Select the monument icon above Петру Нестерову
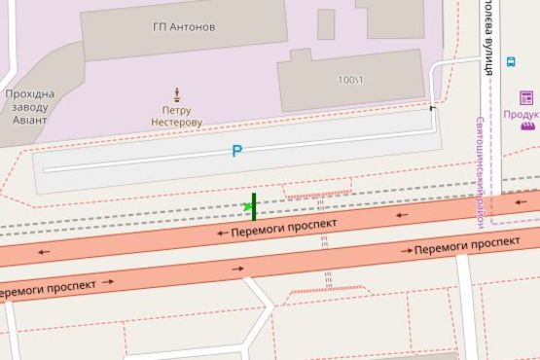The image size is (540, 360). pos(177,94)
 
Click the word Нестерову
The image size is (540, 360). pos(177,124)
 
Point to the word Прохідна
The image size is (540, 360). pos(29,94)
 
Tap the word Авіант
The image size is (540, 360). pos(29,123)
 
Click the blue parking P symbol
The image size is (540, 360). pos(235,151)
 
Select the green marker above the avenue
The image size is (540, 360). pos(253,205)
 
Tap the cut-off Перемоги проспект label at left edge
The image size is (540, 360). pos(47,289)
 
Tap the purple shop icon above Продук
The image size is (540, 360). pos(526,96)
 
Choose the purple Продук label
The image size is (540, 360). pos(522,113)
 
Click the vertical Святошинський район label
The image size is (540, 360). pos(480,171)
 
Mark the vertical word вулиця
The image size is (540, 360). pos(484,51)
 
